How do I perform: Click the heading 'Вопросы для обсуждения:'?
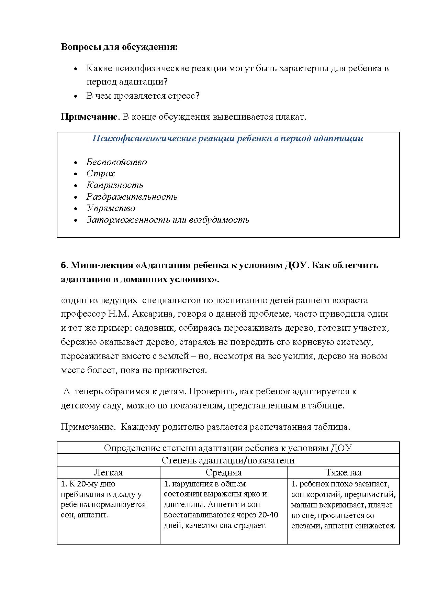(x=119, y=47)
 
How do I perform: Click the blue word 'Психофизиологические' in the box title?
(x=144, y=139)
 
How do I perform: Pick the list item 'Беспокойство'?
(x=116, y=162)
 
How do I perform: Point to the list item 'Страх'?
(x=100, y=174)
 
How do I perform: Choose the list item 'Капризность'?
(x=115, y=185)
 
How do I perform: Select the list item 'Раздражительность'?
(x=132, y=197)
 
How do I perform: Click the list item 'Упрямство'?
(x=111, y=208)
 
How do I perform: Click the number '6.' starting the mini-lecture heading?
(x=65, y=265)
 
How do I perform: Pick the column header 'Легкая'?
(x=108, y=473)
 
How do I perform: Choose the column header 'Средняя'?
(x=224, y=473)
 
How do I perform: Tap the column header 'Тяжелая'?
(x=343, y=473)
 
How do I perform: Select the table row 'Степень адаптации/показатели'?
(x=228, y=461)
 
